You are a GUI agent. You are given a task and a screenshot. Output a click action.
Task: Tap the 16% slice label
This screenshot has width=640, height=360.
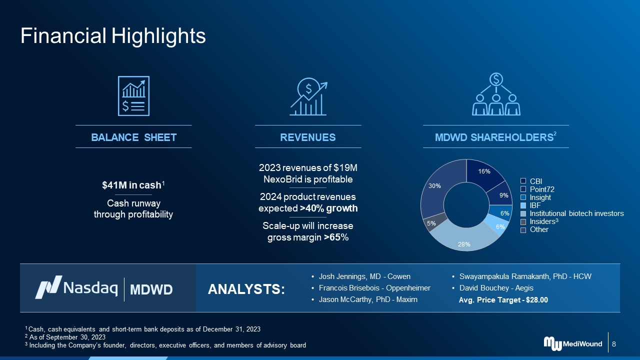click(x=484, y=171)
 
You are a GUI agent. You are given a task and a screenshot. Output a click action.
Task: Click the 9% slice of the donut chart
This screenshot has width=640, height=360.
click(x=501, y=194)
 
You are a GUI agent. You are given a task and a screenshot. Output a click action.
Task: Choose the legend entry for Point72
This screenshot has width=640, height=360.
click(x=537, y=189)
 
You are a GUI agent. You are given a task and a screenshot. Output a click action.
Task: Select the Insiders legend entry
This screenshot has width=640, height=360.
click(x=539, y=221)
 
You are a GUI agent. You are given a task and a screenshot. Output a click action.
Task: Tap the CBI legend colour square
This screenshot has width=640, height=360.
click(x=523, y=181)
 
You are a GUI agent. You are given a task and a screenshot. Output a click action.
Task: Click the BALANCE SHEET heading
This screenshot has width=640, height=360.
click(x=133, y=137)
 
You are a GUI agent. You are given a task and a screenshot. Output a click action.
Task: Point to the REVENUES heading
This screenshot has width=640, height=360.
click(x=308, y=137)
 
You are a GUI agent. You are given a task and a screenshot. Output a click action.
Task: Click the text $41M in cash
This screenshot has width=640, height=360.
click(x=131, y=185)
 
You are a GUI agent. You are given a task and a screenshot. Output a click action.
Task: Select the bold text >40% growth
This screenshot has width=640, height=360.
click(x=329, y=208)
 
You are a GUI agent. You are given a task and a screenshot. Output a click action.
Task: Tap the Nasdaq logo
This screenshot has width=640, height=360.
click(x=76, y=287)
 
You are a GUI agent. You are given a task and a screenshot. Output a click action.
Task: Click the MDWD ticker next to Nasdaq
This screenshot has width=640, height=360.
click(x=151, y=289)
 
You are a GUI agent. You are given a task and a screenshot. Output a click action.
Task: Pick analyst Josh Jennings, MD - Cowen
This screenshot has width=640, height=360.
click(x=364, y=276)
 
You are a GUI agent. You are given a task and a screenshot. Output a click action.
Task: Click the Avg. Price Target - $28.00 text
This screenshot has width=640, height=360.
click(x=503, y=300)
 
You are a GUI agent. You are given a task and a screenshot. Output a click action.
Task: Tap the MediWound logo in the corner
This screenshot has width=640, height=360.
click(x=573, y=343)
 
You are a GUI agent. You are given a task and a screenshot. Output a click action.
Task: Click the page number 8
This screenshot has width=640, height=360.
click(x=614, y=344)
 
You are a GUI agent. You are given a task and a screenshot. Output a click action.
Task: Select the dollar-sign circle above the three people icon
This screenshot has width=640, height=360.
click(x=496, y=79)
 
